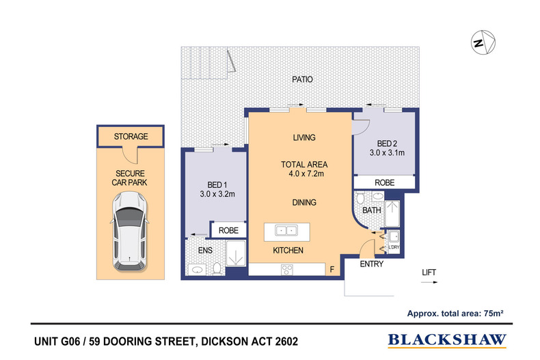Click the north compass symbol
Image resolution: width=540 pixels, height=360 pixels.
tap(481, 42)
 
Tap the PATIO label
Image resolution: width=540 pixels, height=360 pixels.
tap(303, 79)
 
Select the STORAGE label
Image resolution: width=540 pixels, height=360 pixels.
tap(131, 137)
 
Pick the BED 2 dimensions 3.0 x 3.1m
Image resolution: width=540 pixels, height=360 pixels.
tap(388, 153)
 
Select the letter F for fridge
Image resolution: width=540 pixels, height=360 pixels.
tap(332, 270)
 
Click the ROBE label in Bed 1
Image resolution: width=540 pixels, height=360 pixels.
tap(228, 232)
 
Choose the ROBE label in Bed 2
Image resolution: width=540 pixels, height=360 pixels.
tap(384, 183)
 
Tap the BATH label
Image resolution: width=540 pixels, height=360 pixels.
tap(372, 210)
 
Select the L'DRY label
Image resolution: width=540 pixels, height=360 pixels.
tap(394, 247)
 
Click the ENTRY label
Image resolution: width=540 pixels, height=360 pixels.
tap(371, 264)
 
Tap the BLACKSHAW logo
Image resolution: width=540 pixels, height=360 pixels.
tap(448, 340)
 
